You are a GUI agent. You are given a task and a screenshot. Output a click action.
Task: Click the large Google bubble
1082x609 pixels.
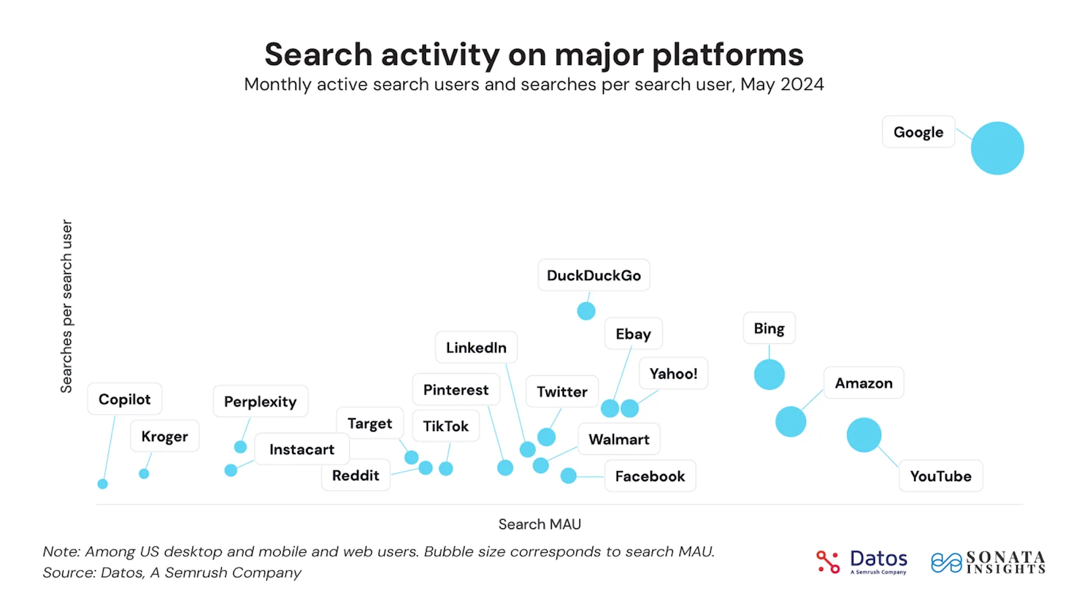point(997,148)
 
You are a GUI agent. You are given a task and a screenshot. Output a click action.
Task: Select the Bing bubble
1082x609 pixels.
point(769,374)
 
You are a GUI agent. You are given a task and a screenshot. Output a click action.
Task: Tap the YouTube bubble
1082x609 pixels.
point(864,434)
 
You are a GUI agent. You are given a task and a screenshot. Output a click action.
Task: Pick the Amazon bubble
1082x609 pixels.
point(791,422)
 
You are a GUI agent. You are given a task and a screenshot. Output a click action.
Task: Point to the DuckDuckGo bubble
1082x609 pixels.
point(586,311)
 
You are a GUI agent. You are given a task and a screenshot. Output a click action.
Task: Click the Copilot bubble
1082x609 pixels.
point(103,484)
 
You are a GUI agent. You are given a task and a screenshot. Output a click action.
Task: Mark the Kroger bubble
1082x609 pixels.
point(144,474)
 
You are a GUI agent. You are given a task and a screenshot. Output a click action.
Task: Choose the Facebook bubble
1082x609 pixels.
point(569,476)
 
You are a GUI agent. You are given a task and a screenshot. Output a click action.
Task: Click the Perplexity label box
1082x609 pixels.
point(260,401)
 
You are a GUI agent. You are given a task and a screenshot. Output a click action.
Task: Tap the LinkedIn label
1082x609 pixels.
point(476,347)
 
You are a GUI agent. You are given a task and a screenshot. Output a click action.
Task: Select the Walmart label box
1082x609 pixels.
point(619,439)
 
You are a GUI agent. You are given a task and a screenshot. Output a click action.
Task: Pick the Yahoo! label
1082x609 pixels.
point(673,374)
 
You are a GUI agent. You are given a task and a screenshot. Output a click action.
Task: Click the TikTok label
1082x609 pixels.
point(446,426)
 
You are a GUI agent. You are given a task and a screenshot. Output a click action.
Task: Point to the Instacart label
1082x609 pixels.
point(302,449)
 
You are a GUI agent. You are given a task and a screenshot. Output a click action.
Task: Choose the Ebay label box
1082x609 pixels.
point(633,334)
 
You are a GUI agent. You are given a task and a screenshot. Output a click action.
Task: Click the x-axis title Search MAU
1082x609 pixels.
point(540,524)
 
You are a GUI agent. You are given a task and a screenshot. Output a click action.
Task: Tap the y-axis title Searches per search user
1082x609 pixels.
point(66,306)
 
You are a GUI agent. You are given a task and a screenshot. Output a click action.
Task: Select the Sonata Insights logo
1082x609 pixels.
point(989,562)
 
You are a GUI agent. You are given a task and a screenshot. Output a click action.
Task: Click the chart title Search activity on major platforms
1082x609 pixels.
point(534,54)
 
